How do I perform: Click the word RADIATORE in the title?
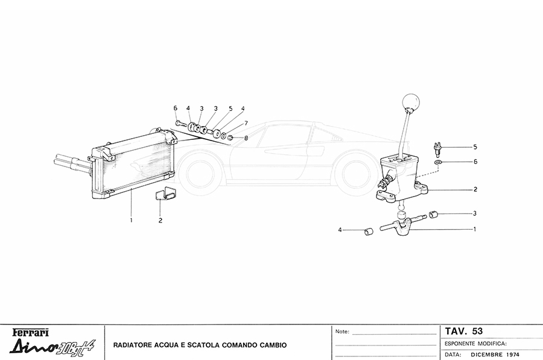[x=133, y=346]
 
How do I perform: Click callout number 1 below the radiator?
[x=130, y=220]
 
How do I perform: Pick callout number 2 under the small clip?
[x=160, y=220]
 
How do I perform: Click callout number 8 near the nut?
[x=246, y=138]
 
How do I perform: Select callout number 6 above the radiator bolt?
[x=176, y=109]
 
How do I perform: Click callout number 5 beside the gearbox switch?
[x=475, y=147]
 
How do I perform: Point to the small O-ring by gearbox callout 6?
[x=438, y=162]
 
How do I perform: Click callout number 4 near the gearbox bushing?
[x=340, y=230]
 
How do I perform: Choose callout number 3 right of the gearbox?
[x=475, y=213]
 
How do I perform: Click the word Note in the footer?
[x=342, y=332]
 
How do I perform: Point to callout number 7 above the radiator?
[x=246, y=123]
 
